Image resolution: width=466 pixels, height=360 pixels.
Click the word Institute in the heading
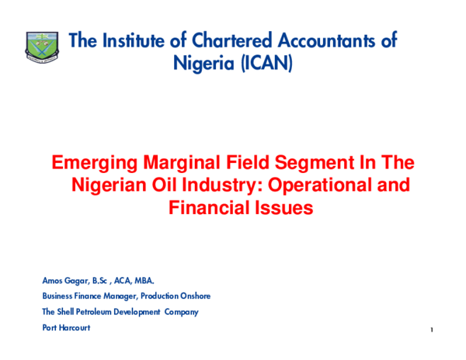139,41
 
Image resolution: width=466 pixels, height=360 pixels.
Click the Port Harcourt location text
67,327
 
